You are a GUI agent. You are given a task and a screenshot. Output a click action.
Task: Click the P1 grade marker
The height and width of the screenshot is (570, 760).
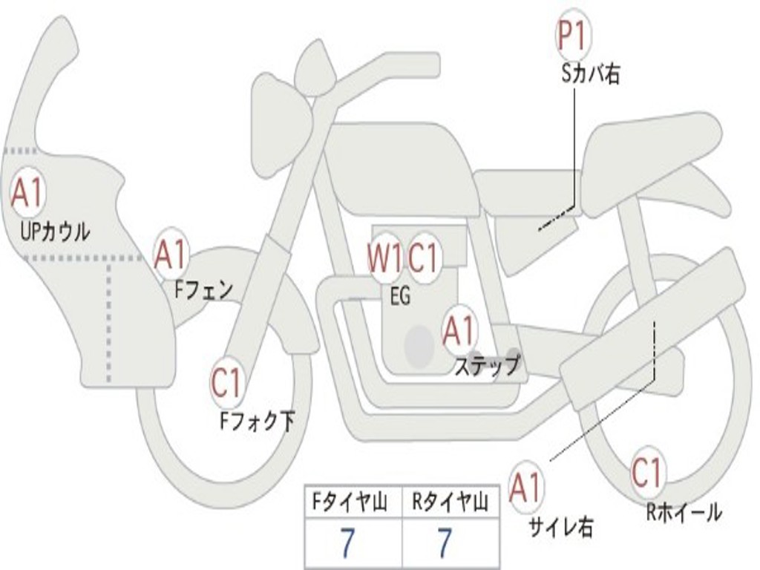(x=573, y=37)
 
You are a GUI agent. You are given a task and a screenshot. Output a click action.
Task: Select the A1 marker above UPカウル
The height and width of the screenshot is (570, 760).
(x=27, y=194)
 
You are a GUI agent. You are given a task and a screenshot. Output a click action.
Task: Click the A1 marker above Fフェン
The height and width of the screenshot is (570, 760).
(x=171, y=255)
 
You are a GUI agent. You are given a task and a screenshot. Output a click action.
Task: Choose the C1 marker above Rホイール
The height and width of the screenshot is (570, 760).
(x=646, y=472)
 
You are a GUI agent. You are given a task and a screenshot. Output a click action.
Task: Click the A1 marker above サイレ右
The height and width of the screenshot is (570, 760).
(x=526, y=488)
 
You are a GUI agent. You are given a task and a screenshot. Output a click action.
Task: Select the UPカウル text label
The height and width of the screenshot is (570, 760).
(x=55, y=232)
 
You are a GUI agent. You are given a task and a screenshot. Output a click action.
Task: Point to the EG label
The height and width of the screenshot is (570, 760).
(x=400, y=297)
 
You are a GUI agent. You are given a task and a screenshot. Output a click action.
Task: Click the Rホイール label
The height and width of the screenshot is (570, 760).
(x=684, y=512)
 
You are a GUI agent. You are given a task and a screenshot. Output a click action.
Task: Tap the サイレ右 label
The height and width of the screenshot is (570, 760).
(x=560, y=528)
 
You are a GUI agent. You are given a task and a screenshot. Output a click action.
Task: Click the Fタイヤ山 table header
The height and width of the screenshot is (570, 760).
(x=353, y=503)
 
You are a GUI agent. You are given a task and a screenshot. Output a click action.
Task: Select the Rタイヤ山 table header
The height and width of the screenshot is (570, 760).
(x=451, y=503)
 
